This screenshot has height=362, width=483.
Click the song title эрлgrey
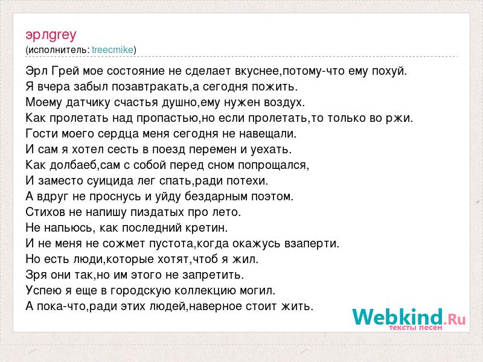coord(51,36)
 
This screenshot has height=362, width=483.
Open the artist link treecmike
coord(113,50)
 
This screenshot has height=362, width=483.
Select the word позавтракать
coord(150,87)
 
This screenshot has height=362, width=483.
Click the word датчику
coord(88,103)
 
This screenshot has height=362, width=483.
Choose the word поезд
coord(169,150)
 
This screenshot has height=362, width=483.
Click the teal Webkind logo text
coord(397,317)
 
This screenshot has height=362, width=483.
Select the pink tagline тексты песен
coord(415,328)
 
